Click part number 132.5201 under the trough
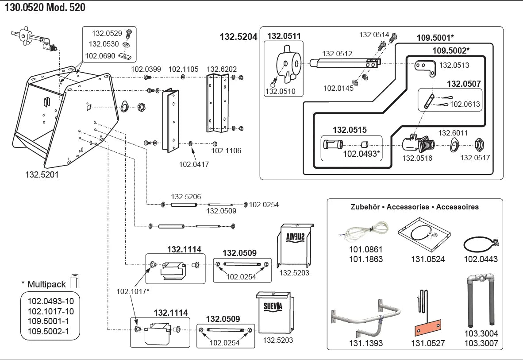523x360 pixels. pos(42,175)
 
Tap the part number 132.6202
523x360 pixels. pos(222,69)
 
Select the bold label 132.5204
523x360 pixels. pos(238,37)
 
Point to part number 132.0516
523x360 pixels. pos(417,158)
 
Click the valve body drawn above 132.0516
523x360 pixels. pos(418,143)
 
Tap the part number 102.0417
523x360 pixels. pos(194,164)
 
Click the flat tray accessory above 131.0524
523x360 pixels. pos(424,234)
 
